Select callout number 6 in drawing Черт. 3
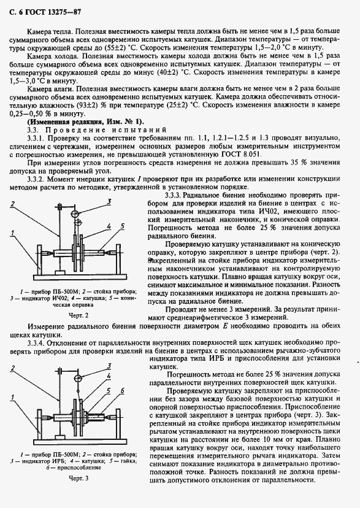coord(123,391)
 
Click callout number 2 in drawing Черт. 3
coord(12,368)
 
